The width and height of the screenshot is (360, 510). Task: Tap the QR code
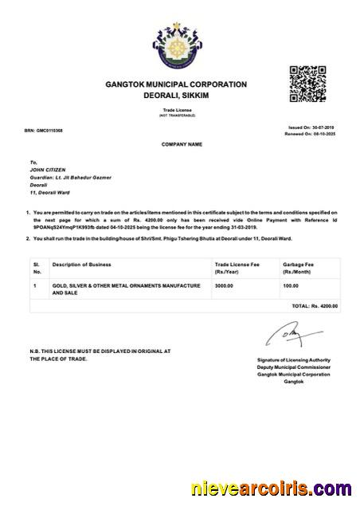pyautogui.click(x=306, y=83)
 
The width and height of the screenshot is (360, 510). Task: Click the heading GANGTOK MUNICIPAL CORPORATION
pyautogui.click(x=176, y=84)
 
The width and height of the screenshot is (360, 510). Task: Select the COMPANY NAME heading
pyautogui.click(x=180, y=144)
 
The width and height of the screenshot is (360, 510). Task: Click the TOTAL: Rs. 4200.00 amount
pyautogui.click(x=315, y=305)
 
